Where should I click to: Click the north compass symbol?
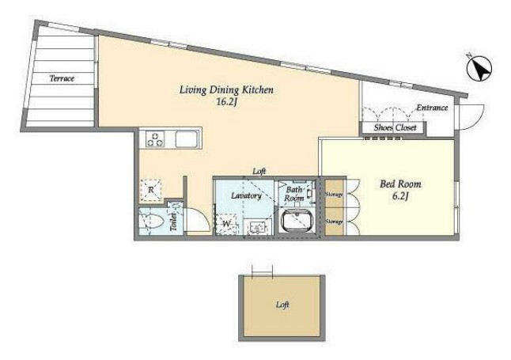pos(479,69)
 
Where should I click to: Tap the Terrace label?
pos(62,78)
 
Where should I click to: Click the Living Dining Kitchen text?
pos(226,89)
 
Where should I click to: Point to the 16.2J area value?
pos(226,102)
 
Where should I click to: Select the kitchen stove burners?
pos(155,139)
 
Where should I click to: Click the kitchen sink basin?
pos(187,139)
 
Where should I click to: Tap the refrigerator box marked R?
pos(150,189)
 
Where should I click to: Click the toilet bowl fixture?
pos(151,222)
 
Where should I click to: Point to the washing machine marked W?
pos(226,224)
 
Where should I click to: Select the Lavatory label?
pos(246,195)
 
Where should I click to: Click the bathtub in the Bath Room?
pos(297,221)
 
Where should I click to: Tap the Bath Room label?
pos(294,194)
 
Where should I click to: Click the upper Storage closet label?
pos(334,195)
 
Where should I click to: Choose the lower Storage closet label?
pos(334,222)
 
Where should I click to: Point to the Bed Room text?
pos(400,184)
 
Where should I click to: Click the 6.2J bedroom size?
pos(400,197)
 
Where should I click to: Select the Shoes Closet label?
pos(395,127)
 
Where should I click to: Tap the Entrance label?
pos(432,108)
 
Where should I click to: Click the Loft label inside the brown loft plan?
pos(282,305)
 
